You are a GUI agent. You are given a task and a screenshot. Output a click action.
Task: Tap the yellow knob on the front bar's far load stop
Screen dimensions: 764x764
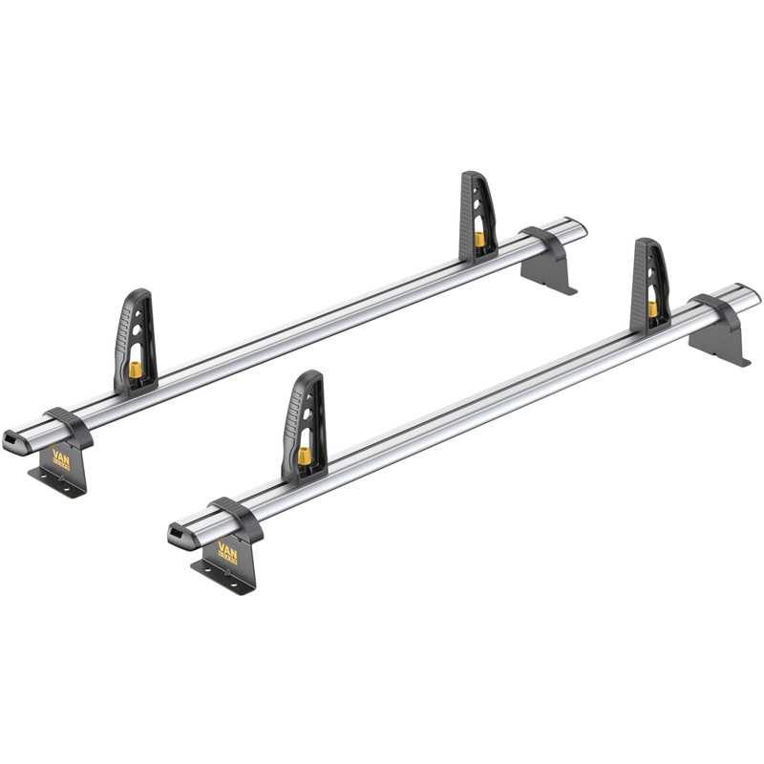[652, 308]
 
